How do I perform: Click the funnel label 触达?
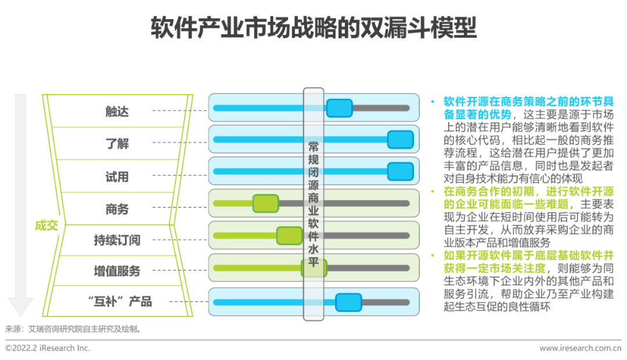117,111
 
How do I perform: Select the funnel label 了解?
117,143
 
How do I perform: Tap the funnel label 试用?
117,176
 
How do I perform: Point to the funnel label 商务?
117,208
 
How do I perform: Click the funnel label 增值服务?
117,271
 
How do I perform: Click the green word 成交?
46,225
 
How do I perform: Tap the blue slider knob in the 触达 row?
339,108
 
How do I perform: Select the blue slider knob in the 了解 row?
400,139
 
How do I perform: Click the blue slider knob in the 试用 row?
400,171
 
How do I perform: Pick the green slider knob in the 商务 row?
266,203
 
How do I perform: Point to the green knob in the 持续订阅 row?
289,235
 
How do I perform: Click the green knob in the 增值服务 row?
313,268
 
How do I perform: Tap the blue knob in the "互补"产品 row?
348,302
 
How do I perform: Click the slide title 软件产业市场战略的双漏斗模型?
313,27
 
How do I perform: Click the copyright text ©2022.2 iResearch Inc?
48,348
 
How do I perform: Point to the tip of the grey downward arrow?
21,314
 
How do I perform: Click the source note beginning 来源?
73,329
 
